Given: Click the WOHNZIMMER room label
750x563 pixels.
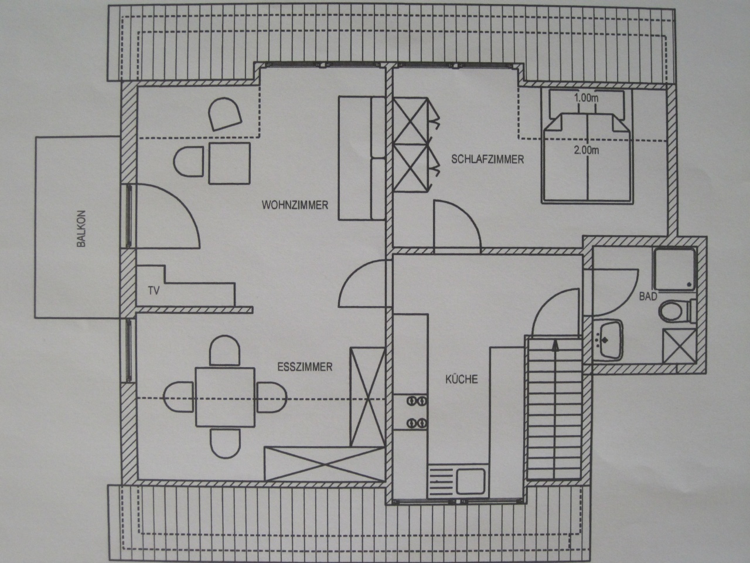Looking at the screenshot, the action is point(295,205).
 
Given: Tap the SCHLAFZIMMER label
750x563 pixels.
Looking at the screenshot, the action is point(487,160).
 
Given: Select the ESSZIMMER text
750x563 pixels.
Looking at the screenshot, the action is point(305,367).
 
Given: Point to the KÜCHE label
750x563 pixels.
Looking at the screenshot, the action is point(462,379).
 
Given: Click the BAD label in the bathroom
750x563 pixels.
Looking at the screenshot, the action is point(648,296).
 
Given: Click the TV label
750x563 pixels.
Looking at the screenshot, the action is point(154,291).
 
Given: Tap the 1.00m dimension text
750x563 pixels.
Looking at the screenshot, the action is point(586,98).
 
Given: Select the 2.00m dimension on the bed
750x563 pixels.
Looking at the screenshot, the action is point(587,150).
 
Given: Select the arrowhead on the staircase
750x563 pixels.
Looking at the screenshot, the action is point(555,345).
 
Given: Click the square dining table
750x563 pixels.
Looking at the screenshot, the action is point(225,397).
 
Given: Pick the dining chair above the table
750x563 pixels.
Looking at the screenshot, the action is point(224,350).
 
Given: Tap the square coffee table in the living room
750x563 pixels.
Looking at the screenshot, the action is point(230,164).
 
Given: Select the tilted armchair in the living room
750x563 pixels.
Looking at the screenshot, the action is point(225,114).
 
